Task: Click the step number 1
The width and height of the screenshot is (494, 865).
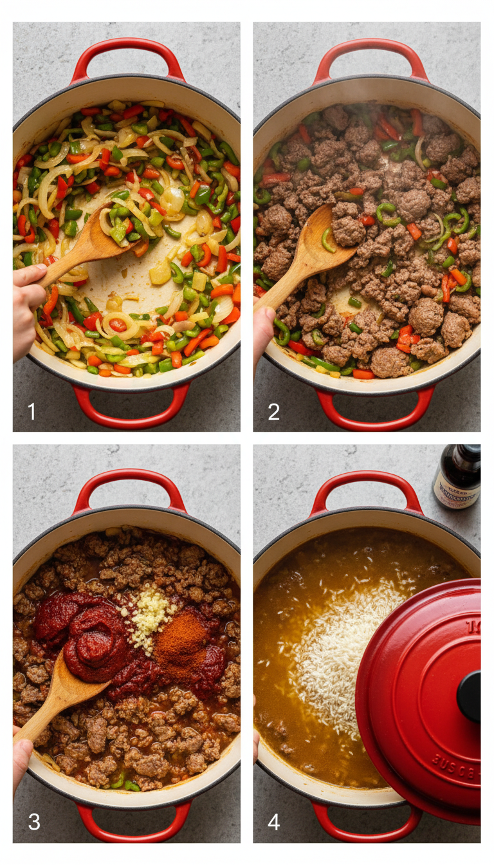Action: [32, 411]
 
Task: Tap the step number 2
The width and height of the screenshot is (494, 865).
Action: [273, 411]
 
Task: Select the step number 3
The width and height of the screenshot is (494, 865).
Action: [33, 822]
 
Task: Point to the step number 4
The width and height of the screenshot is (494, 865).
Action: [274, 822]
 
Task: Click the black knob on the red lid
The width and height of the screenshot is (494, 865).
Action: [470, 696]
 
